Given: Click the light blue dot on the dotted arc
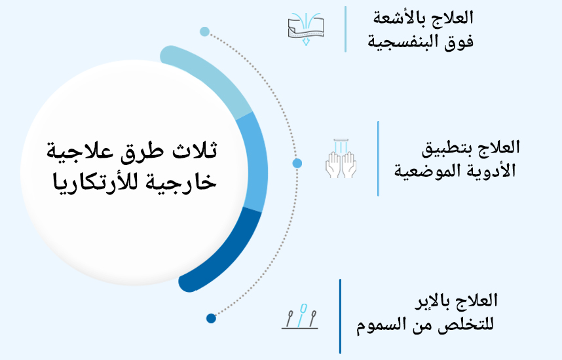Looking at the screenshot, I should coord(204,31).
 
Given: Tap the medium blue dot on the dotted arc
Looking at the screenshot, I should coord(297,163).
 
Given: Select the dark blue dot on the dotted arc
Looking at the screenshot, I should coord(211,319).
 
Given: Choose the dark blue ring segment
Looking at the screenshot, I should coord(223,255).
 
